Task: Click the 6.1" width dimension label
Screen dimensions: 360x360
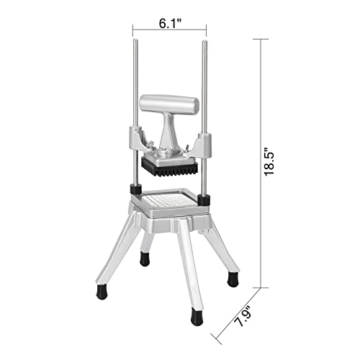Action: tap(170, 23)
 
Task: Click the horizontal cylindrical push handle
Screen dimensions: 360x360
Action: tap(169, 104)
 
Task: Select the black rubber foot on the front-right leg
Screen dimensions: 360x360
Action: tap(196, 315)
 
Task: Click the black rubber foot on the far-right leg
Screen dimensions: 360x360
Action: tap(233, 279)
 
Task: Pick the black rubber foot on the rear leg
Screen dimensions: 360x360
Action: tap(145, 258)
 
